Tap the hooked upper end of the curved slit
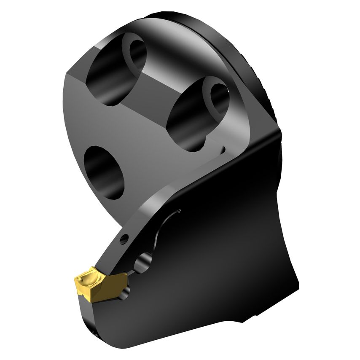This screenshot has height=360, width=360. tap(177, 211)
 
